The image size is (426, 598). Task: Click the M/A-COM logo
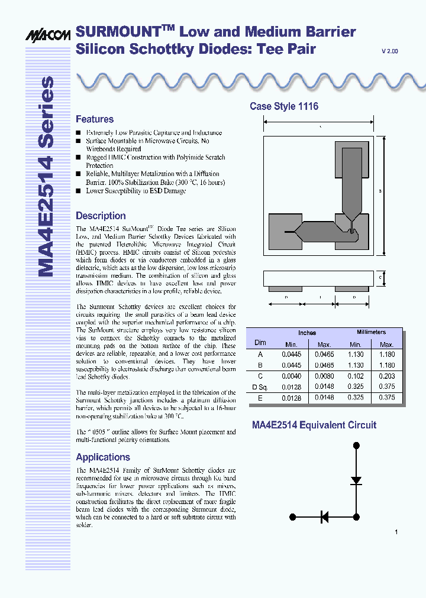coord(47,36)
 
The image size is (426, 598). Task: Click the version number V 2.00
coord(390,52)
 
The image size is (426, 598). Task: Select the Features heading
coord(95,119)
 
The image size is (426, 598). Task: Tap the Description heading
coord(101,216)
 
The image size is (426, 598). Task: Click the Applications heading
coord(103,457)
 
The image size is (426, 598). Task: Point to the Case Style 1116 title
coord(284,107)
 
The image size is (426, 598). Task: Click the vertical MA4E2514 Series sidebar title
coord(46,177)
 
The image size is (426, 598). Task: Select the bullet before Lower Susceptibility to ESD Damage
coord(78,191)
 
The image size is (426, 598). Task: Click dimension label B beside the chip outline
coord(380,191)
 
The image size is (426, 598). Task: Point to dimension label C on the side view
coord(380,277)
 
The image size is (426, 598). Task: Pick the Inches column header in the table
coord(307,333)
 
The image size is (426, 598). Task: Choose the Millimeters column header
coord(371,333)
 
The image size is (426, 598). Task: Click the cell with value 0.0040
coord(291,376)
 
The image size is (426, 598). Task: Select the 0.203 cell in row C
coord(386,376)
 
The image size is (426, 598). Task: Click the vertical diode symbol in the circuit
coord(356,480)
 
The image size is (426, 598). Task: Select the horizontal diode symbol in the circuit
coord(324,517)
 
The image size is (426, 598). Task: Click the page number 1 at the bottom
coord(396,532)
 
